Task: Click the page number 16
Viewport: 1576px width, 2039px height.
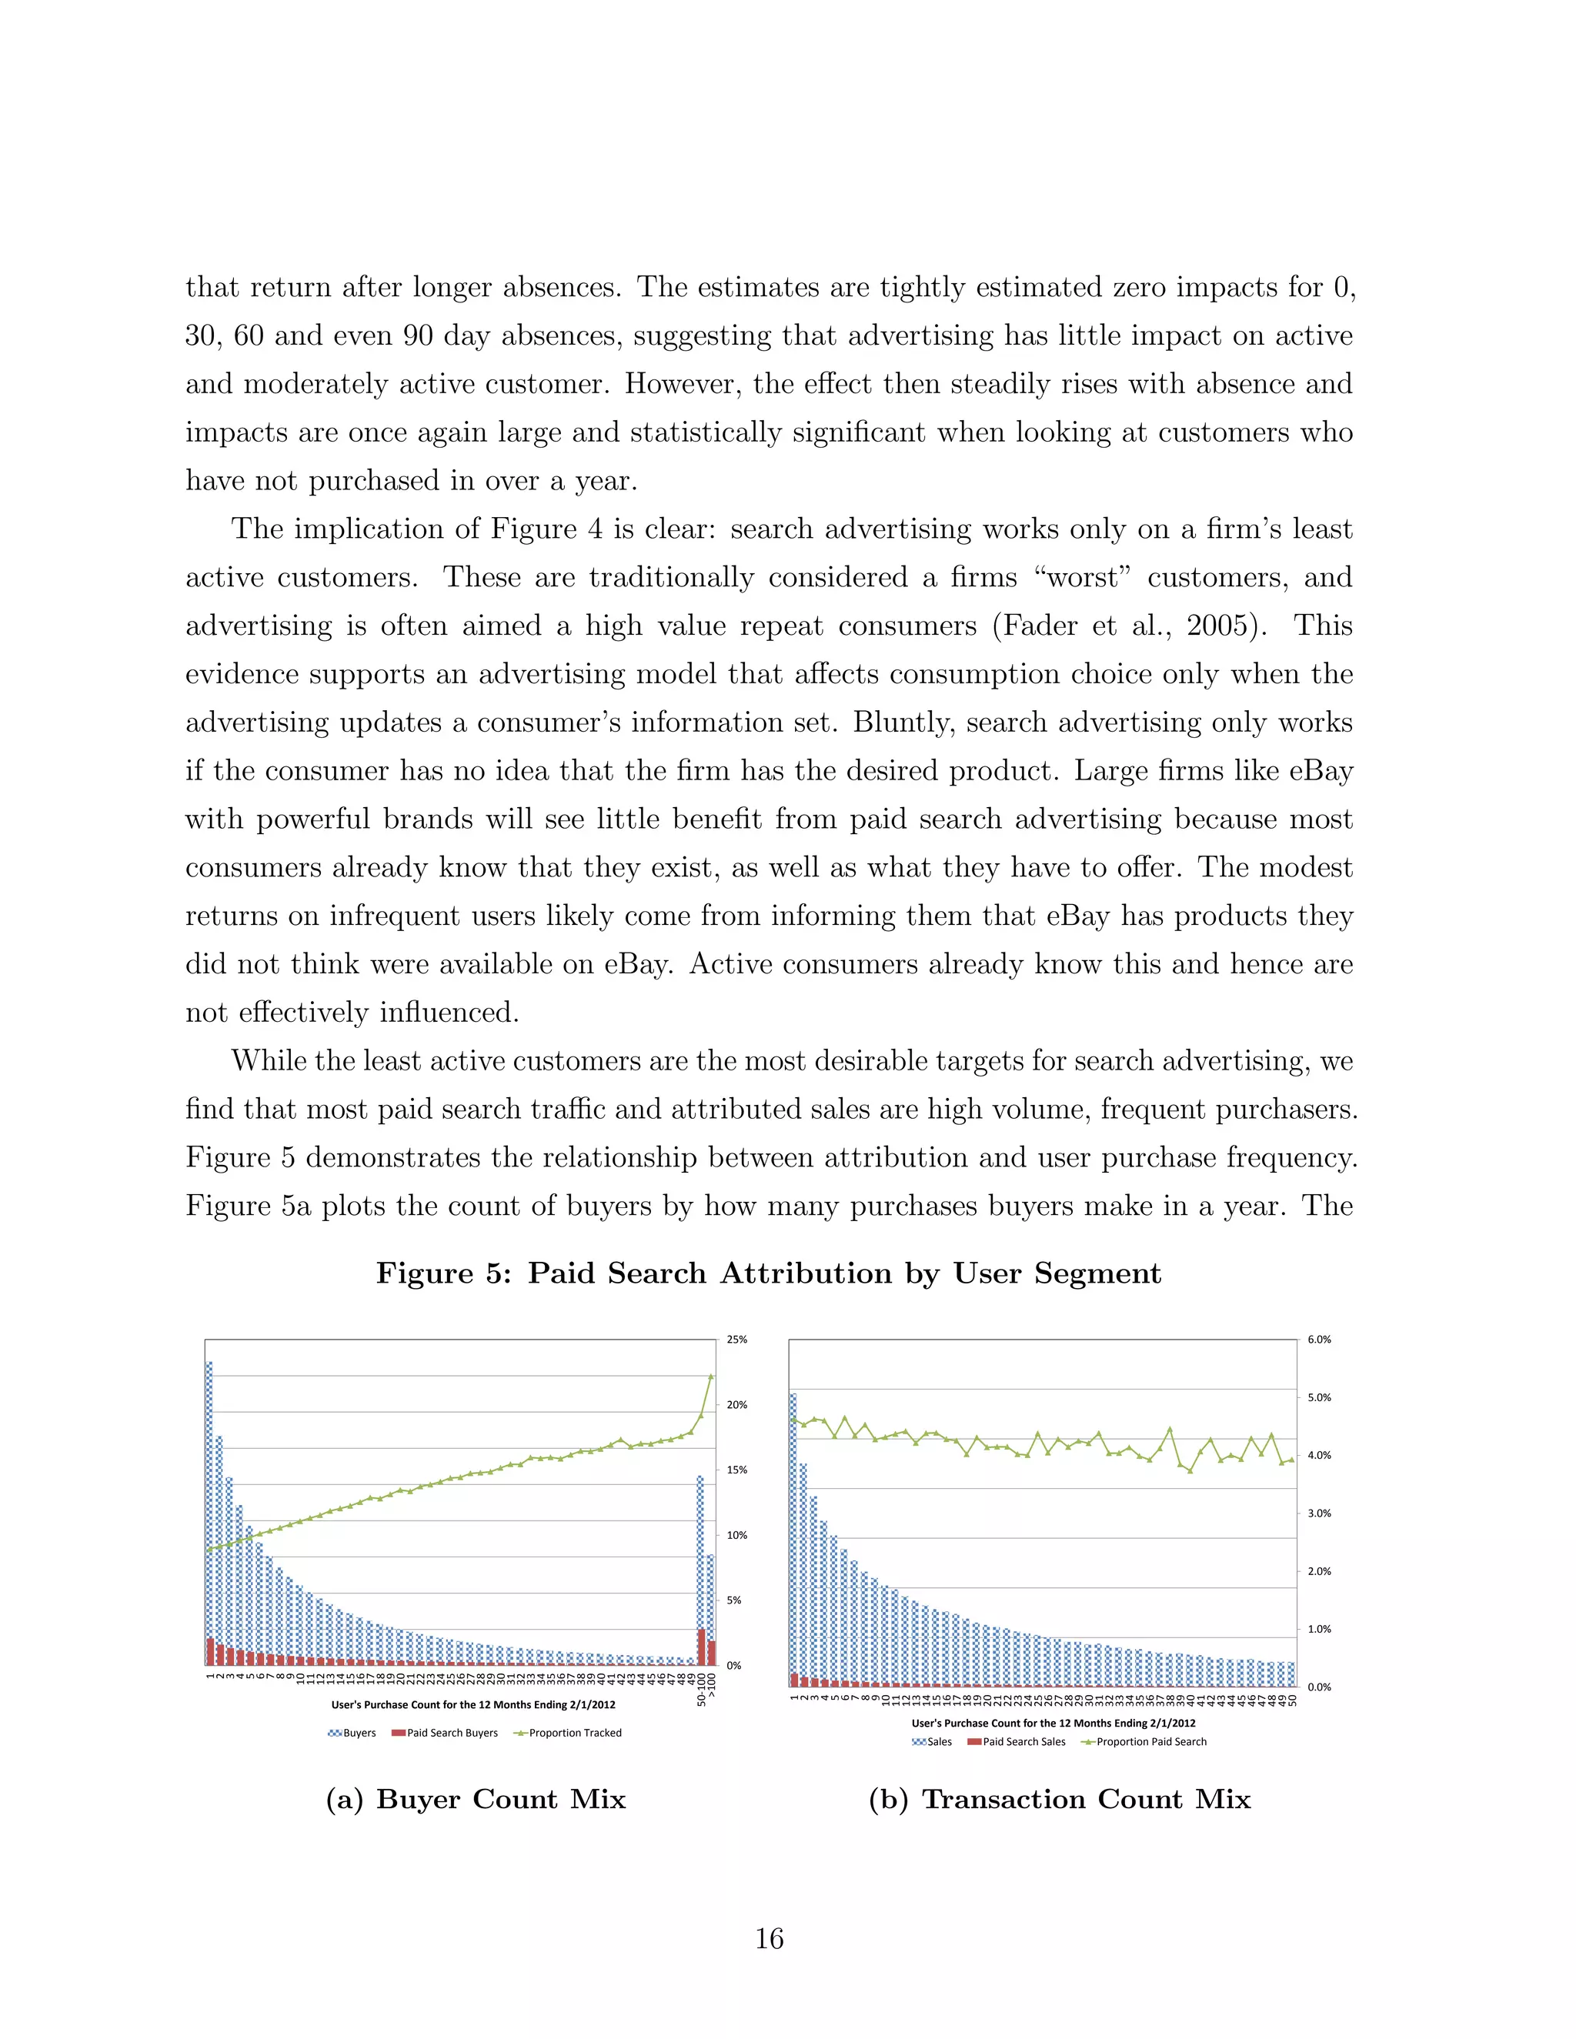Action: coord(769,1939)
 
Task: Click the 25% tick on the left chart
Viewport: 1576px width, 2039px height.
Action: coord(736,1340)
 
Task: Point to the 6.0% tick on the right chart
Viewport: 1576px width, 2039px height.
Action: coord(1318,1340)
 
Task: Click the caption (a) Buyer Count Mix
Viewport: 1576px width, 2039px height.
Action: coord(476,1799)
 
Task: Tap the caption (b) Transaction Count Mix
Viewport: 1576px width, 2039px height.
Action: coord(1059,1799)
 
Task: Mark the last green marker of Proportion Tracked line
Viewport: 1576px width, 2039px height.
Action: coord(710,1377)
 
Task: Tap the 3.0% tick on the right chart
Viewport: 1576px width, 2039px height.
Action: coord(1318,1513)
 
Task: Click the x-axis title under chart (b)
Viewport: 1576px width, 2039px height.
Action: coord(1053,1724)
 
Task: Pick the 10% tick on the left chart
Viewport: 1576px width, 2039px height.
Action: coord(736,1535)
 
